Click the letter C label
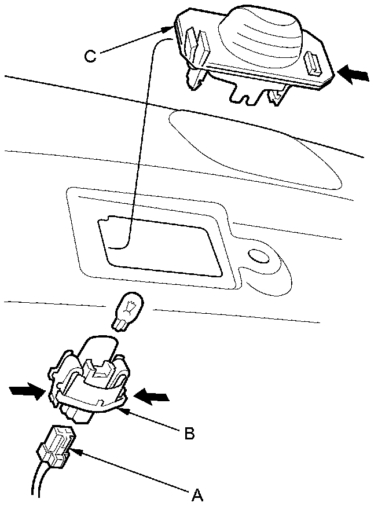pyautogui.click(x=90, y=56)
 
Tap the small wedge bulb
pyautogui.click(x=128, y=310)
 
